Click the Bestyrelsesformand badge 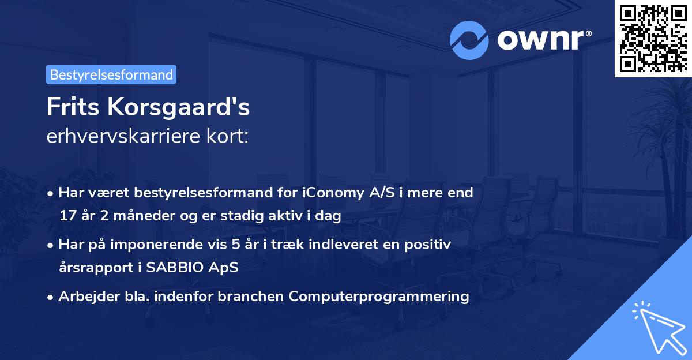tap(111, 74)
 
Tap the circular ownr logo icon tap(469, 40)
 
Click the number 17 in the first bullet tap(67, 216)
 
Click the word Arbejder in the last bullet tap(84, 297)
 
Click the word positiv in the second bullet tap(430, 245)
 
